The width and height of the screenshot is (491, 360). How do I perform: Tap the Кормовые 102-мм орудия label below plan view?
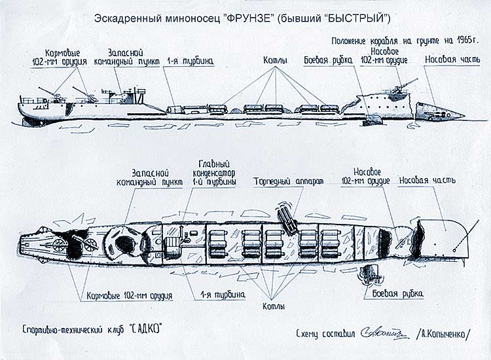coord(129,295)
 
